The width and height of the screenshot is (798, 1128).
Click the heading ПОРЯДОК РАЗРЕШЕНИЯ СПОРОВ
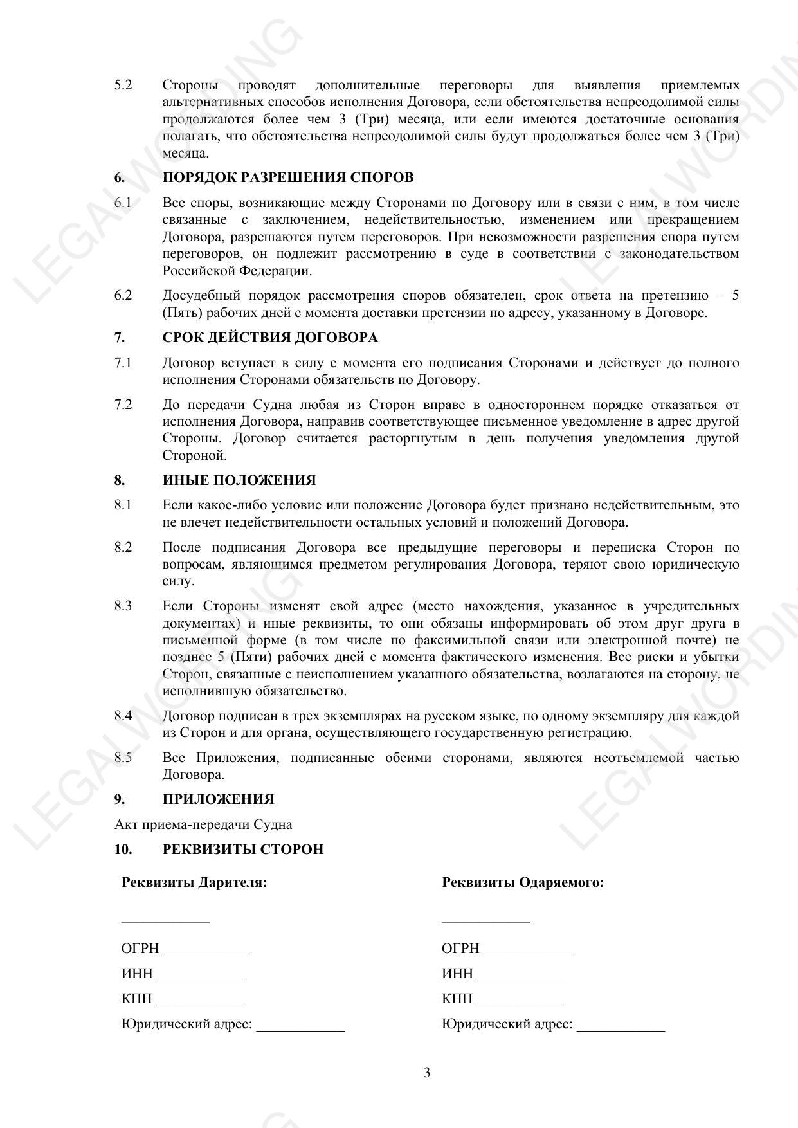tap(287, 177)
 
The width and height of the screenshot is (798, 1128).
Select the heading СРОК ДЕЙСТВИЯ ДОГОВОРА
tap(270, 338)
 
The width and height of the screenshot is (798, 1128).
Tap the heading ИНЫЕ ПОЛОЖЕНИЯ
tap(239, 480)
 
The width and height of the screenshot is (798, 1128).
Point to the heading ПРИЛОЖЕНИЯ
tap(218, 799)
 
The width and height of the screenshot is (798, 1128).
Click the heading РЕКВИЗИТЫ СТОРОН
tap(243, 850)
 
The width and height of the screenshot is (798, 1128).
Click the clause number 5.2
tap(123, 85)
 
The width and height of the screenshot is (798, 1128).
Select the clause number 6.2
tap(123, 296)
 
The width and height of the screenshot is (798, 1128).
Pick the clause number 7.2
tap(123, 405)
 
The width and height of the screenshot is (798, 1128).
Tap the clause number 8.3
tap(123, 606)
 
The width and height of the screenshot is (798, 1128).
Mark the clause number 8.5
tap(123, 758)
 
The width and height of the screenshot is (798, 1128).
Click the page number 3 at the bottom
tap(427, 1073)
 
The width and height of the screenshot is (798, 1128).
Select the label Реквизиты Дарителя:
tap(194, 882)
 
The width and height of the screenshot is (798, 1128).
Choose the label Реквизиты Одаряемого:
tap(523, 882)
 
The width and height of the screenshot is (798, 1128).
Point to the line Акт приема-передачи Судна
tap(203, 824)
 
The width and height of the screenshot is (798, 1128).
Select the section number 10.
tap(123, 850)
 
